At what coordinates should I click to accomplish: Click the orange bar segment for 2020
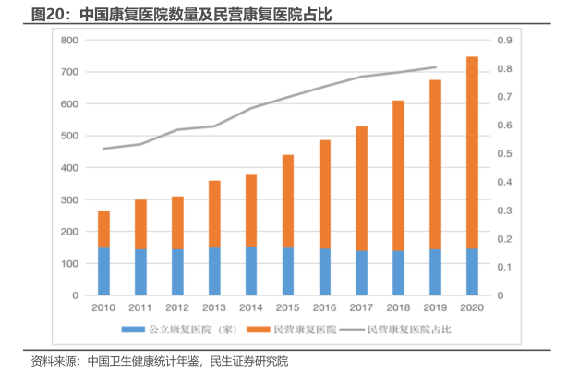click(472, 152)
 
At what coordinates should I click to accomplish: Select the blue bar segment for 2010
click(104, 271)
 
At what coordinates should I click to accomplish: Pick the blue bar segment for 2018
click(399, 273)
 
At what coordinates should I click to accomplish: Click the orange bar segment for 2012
click(177, 223)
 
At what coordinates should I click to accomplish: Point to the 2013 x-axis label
click(214, 307)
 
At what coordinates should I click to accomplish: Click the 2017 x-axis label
click(361, 307)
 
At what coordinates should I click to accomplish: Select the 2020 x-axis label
click(472, 307)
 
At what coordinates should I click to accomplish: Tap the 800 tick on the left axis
click(68, 41)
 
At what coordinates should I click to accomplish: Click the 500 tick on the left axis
click(68, 137)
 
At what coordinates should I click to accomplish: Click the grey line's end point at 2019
click(436, 66)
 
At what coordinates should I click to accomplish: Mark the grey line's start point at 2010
click(104, 149)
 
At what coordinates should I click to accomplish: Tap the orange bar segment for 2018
click(399, 175)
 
